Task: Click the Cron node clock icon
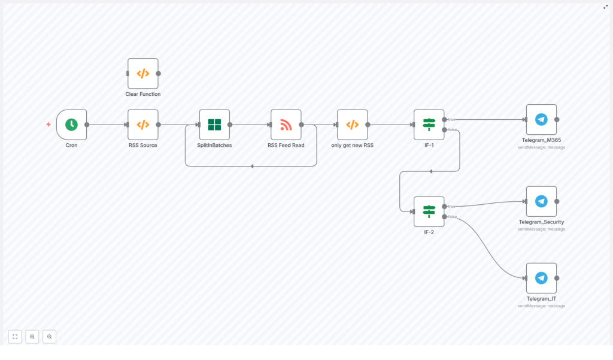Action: (x=71, y=125)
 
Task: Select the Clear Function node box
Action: (x=143, y=74)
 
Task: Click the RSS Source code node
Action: (x=143, y=125)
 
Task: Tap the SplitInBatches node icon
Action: (x=214, y=125)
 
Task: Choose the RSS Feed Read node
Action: (x=286, y=125)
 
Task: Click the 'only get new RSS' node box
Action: (x=353, y=125)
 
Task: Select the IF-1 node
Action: (x=429, y=125)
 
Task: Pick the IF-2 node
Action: (x=429, y=211)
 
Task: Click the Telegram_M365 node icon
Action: (x=541, y=120)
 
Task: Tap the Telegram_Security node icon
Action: (x=541, y=201)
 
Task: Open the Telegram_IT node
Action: (x=541, y=278)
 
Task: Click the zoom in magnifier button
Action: (x=32, y=337)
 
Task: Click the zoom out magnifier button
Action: (x=50, y=337)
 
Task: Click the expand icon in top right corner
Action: (x=605, y=7)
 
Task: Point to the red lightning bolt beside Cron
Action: (x=48, y=125)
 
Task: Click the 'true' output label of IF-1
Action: (x=452, y=119)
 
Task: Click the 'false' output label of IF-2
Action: (x=453, y=217)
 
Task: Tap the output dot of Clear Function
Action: (x=158, y=74)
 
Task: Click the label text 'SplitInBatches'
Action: (x=214, y=145)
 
